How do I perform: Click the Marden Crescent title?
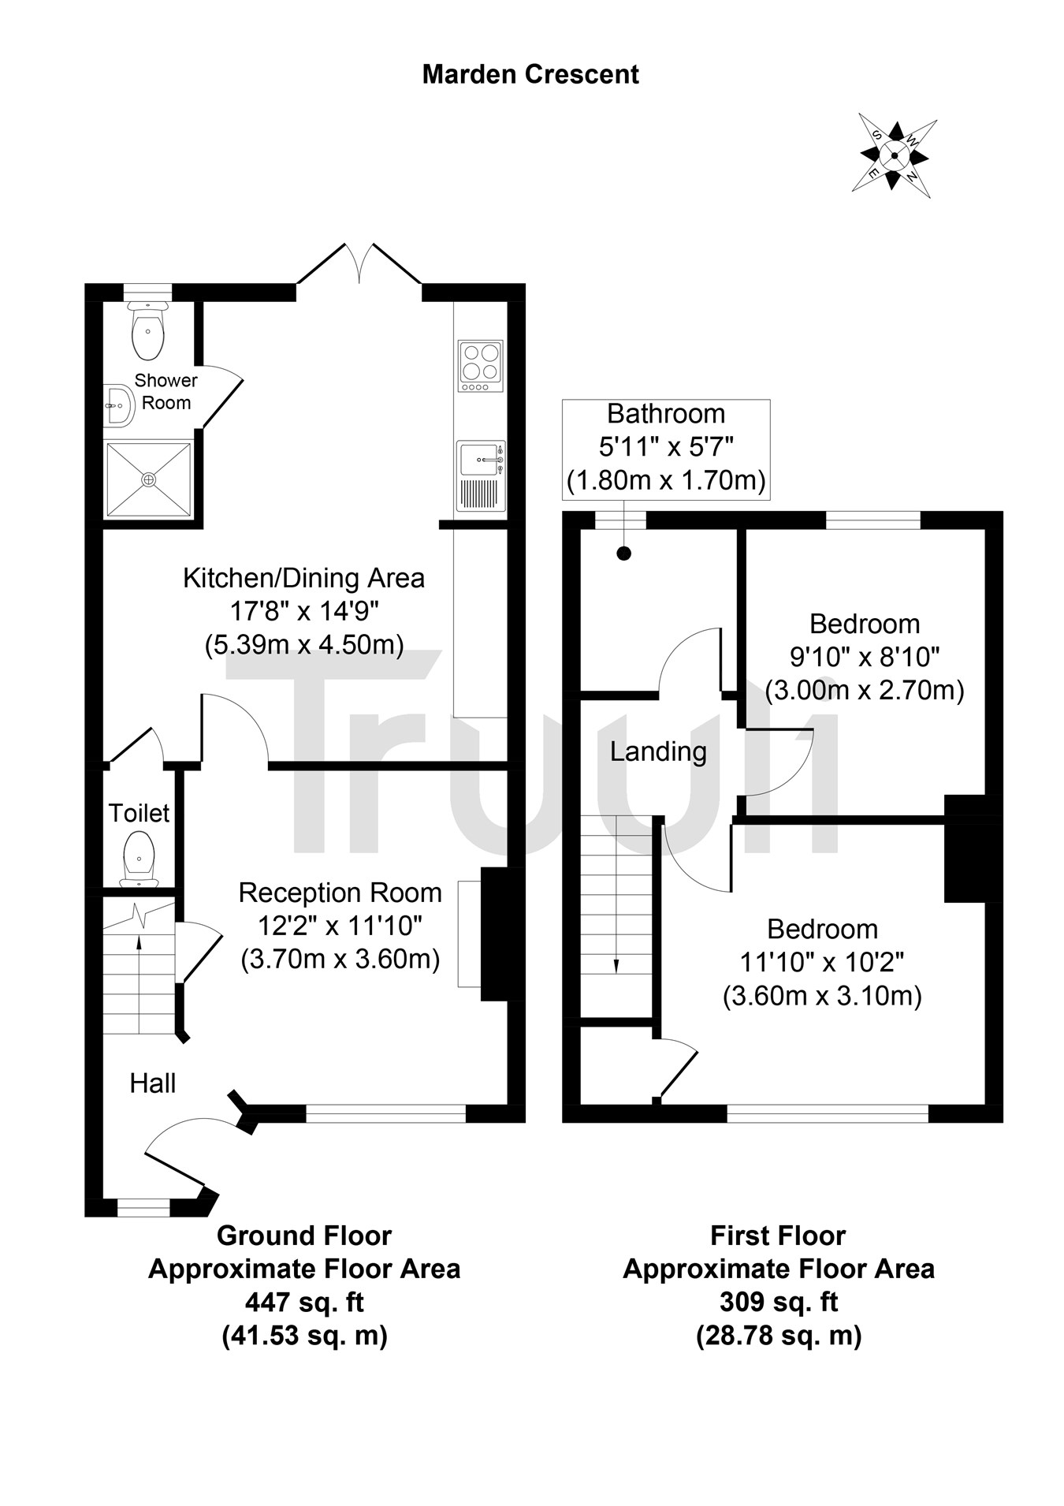tap(530, 75)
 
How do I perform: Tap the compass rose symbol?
tap(894, 155)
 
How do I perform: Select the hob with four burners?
tap(480, 367)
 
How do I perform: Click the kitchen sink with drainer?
tap(480, 475)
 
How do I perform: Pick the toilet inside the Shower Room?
tap(148, 330)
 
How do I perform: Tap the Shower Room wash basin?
tap(117, 405)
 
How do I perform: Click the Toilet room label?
tap(139, 813)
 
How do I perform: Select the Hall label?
tap(153, 1083)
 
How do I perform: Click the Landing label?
tap(658, 751)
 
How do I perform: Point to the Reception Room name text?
tap(340, 893)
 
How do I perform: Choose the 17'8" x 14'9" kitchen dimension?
tap(304, 611)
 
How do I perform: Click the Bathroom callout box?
tap(666, 449)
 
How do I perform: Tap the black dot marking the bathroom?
tap(624, 554)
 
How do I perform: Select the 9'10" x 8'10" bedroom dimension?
tap(865, 657)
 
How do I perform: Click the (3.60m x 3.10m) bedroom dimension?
tap(822, 997)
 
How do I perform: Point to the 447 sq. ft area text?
tap(304, 1302)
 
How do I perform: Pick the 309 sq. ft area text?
tap(778, 1302)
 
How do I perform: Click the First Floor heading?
tap(778, 1236)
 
